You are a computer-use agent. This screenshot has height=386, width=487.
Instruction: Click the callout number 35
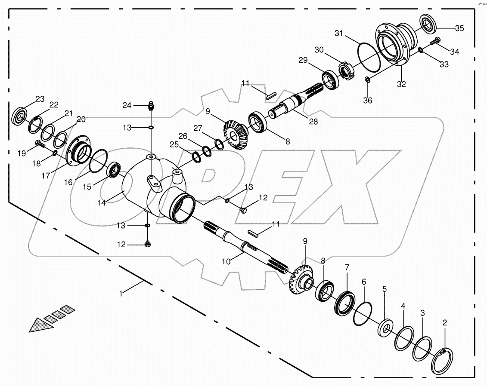pos(459,29)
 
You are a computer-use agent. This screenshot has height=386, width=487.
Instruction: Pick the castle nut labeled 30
pos(346,70)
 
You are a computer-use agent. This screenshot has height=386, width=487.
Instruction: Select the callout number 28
pos(313,121)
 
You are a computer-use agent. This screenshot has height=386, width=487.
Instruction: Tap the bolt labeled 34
pos(435,41)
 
